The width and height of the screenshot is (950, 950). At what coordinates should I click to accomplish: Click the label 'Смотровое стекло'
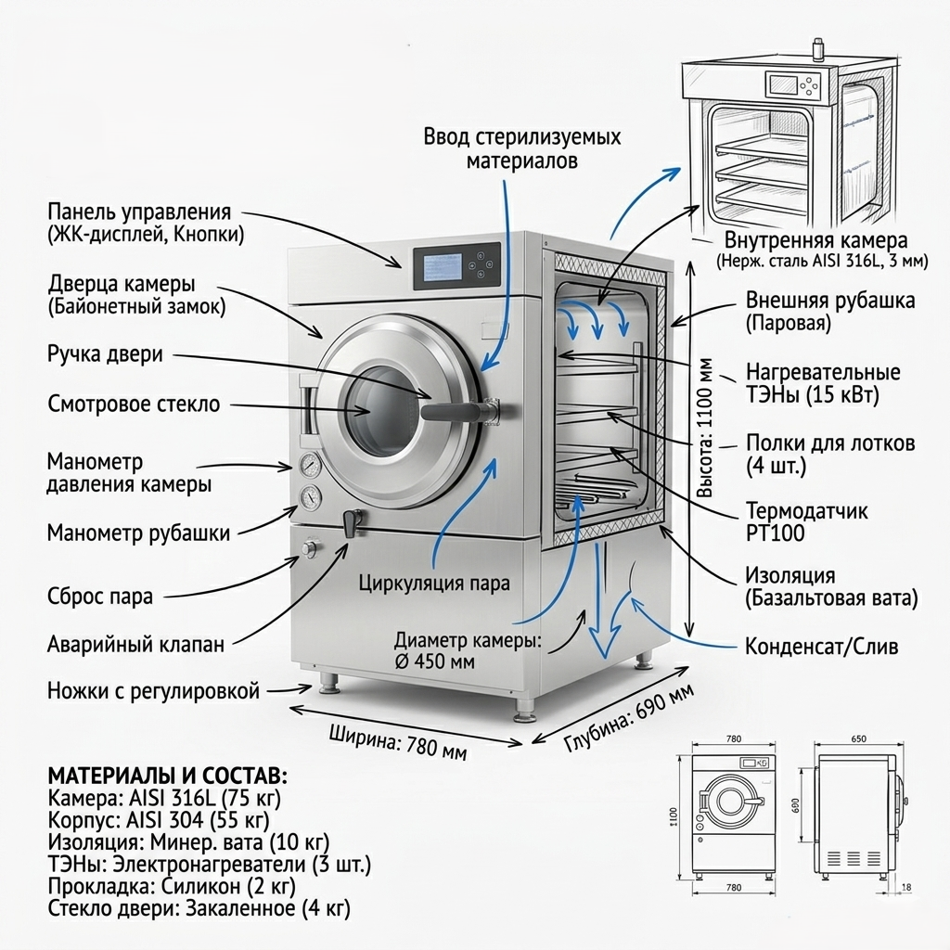coord(134,404)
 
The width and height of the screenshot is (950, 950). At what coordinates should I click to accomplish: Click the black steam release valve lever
coord(351,523)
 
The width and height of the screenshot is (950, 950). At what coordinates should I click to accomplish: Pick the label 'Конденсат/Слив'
coord(822,647)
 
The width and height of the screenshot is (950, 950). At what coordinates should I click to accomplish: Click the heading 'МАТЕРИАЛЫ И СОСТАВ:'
coord(168,776)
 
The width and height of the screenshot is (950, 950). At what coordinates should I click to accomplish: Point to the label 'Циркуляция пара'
coord(434,584)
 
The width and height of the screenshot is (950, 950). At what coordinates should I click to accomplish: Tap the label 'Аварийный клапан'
coord(135,644)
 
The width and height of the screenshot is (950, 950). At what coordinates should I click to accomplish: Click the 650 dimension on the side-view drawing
coord(858,739)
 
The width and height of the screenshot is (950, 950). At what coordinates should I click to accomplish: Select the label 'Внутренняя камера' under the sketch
coord(815,241)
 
